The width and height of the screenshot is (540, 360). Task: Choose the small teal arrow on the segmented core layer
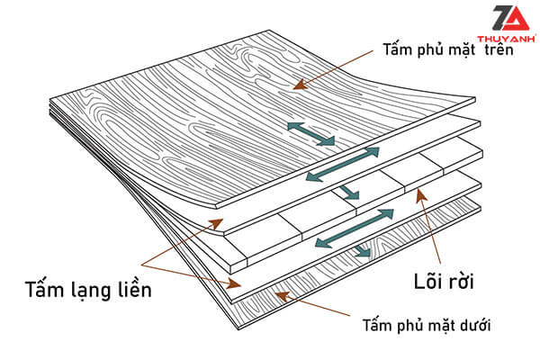point(346,192)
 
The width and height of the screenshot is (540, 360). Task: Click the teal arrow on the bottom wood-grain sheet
point(360,252)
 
